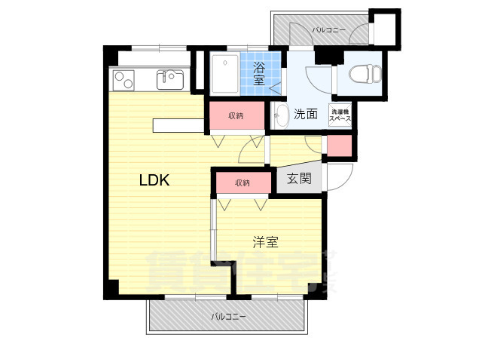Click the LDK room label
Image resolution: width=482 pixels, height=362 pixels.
click(154, 181)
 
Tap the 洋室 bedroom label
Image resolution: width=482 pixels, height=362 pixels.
click(265, 242)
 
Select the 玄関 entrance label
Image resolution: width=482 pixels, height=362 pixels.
click(299, 179)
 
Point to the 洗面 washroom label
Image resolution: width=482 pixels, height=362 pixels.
click(305, 115)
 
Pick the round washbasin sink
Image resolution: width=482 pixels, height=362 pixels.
click(279, 116)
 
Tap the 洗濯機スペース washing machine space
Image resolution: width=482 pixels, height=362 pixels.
click(340, 115)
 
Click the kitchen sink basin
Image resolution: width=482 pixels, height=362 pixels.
click(170, 78)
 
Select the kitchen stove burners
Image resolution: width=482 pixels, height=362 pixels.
click(123, 78)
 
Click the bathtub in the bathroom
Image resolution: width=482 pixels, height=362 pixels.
click(225, 73)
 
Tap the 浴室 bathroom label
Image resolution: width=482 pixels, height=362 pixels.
click(258, 73)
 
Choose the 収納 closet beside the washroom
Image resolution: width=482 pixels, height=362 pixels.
click(236, 116)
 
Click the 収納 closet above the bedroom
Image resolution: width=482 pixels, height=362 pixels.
click(242, 183)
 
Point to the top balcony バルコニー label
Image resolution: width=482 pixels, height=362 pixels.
click(328, 30)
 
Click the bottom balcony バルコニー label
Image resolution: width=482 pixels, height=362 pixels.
click(228, 317)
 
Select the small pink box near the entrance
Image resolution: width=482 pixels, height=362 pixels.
click(339, 146)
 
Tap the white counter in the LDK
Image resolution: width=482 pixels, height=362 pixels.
click(179, 126)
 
